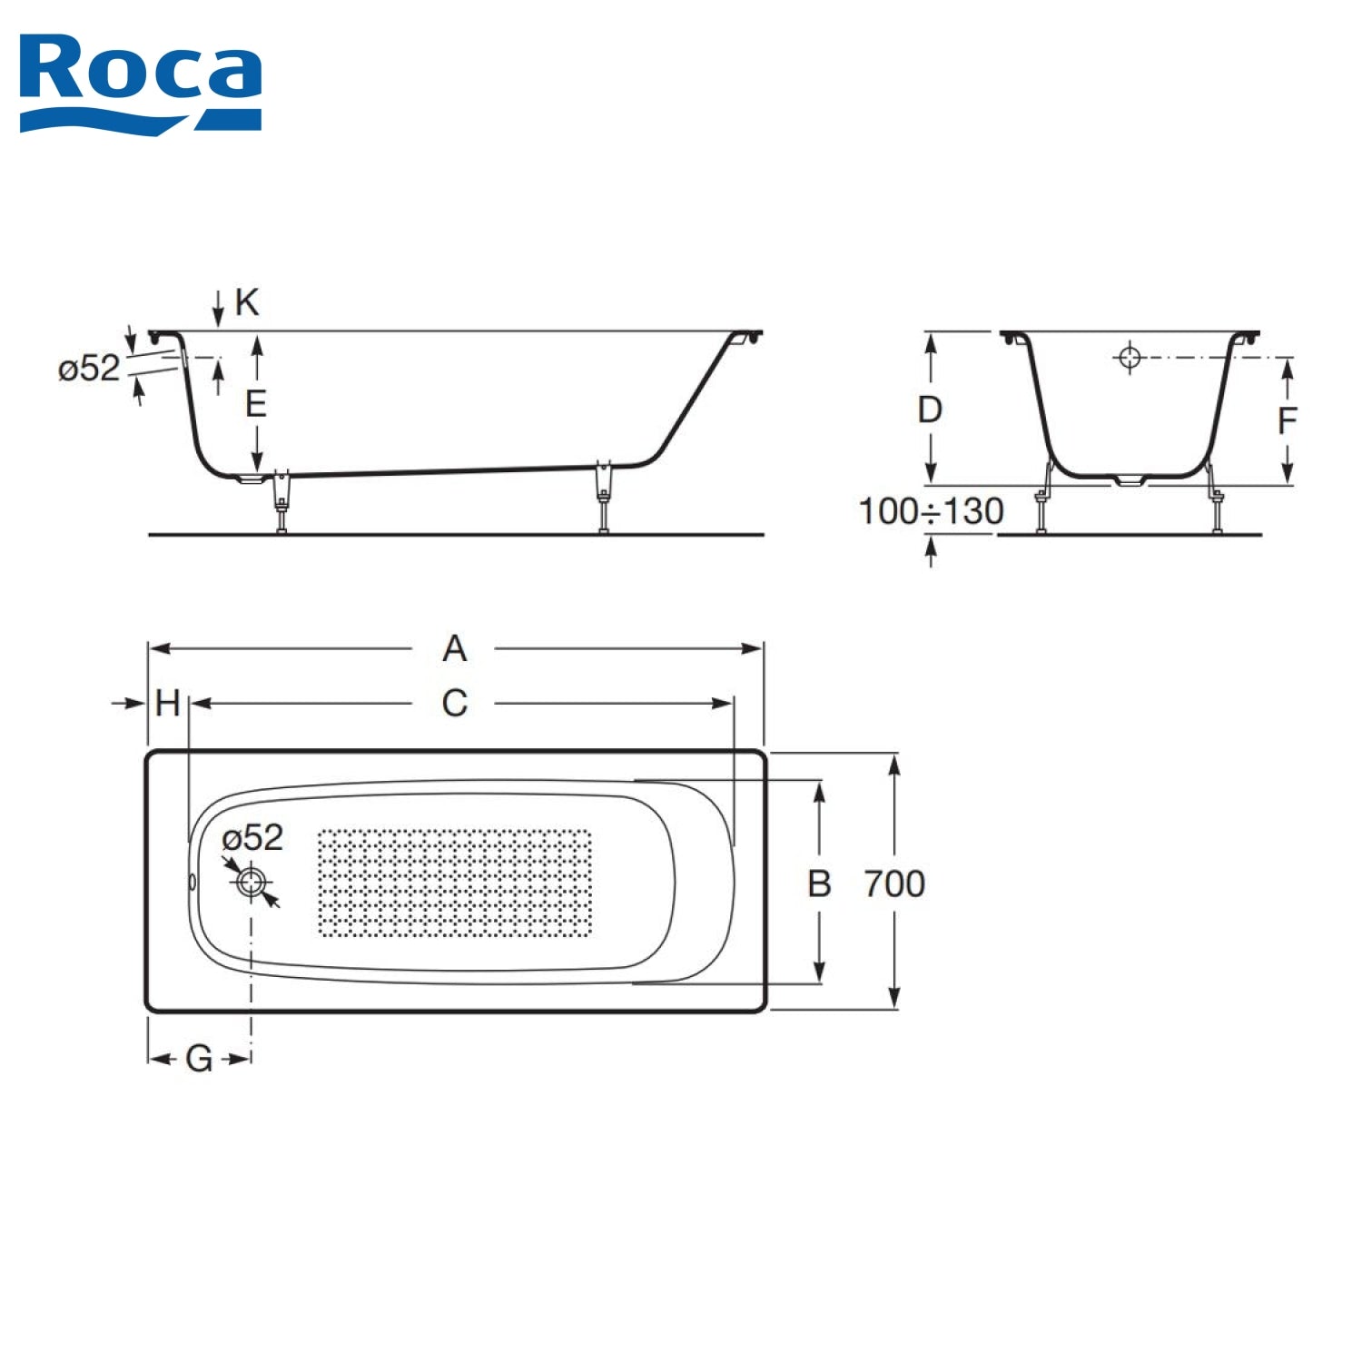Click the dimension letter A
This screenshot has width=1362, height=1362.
coord(455,649)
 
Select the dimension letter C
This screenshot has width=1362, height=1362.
coord(455,704)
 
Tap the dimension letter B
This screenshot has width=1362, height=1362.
coord(819,883)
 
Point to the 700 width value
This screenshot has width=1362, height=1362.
coord(894,883)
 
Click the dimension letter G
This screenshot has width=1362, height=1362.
coord(199,1059)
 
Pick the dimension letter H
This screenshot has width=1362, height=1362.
coord(168,704)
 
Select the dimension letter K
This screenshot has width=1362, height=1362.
coord(247,302)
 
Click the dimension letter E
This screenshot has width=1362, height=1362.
coord(256,403)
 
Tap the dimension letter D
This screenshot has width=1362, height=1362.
coord(930,410)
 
